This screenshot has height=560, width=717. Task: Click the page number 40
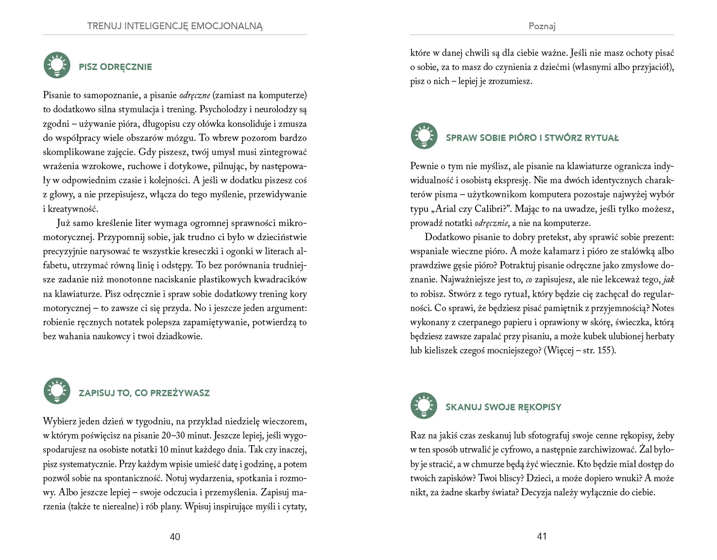coord(175,537)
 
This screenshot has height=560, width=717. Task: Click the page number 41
coord(542,536)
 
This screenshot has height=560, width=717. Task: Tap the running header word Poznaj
coord(542,26)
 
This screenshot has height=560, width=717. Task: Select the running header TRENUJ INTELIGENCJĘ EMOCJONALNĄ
coord(175,26)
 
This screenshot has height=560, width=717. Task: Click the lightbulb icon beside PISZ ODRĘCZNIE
coord(57,65)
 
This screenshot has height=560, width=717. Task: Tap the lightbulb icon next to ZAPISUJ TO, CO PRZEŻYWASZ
coord(57,391)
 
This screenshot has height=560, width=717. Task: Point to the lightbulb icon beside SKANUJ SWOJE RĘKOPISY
coord(424,405)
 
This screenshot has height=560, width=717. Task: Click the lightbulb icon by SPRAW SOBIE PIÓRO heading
coord(424,136)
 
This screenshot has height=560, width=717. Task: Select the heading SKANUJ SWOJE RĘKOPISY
coord(503,407)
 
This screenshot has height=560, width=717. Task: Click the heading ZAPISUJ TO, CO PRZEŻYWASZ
coord(144,393)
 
